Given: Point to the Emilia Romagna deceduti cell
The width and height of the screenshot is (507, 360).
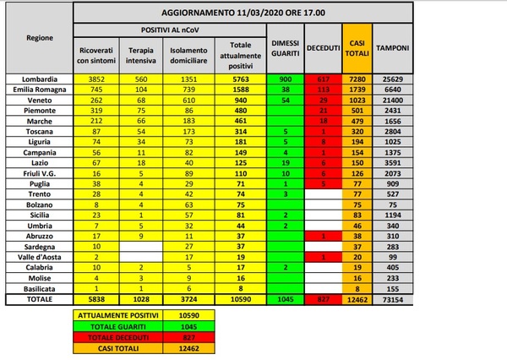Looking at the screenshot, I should click(319, 88).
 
